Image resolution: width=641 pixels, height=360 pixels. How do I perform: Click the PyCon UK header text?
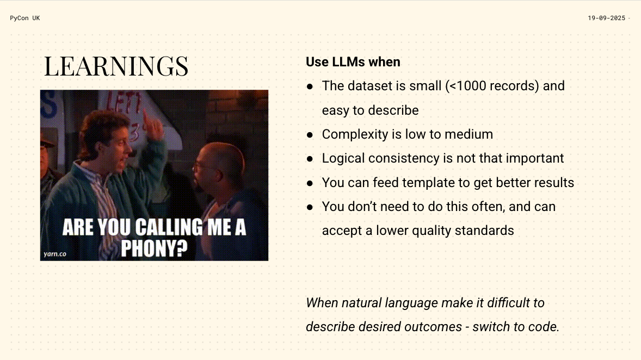coord(25,18)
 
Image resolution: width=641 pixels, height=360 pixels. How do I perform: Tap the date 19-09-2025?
coord(607,18)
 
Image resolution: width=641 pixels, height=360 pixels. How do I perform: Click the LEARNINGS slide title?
coord(116,66)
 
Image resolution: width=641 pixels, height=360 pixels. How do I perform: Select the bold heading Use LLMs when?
coord(353,61)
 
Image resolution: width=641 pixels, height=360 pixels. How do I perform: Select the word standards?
coord(484,231)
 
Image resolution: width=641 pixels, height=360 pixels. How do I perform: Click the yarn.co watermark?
coord(55,254)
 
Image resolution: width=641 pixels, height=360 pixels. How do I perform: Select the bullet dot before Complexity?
coord(310,135)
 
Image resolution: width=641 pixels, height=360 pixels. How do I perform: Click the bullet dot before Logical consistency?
coord(310,159)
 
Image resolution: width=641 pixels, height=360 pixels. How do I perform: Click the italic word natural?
coord(361,303)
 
